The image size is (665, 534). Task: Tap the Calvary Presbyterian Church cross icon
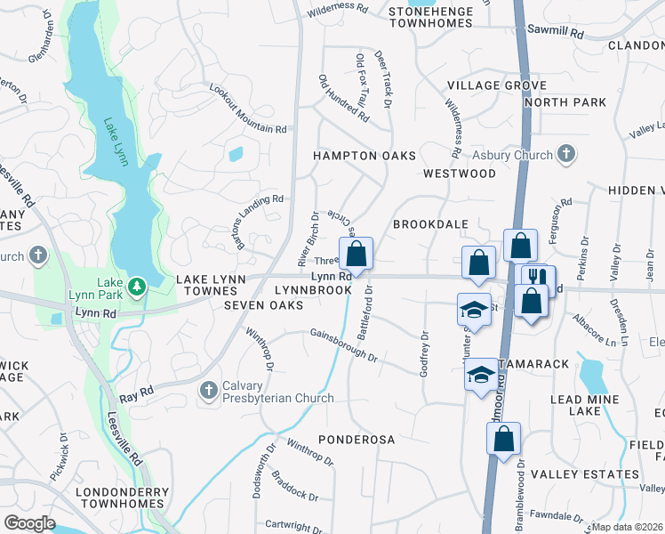point(208,390)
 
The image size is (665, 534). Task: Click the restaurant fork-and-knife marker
point(534,279)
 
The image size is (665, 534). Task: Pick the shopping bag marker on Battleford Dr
point(356,255)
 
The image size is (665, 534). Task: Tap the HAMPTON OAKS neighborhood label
point(365,156)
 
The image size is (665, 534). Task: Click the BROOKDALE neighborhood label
point(430,224)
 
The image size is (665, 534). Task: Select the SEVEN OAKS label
point(263,305)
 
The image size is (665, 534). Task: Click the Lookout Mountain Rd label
point(248,109)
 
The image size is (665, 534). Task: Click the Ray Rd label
point(136,392)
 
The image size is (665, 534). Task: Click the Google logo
point(30,522)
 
